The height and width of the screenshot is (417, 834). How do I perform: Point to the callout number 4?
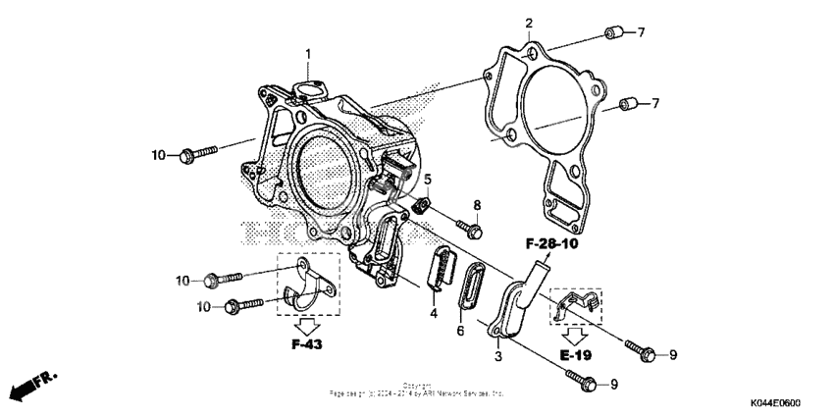(x=433, y=315)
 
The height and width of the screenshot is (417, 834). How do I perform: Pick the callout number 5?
(x=428, y=179)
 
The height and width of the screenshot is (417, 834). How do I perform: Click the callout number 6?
(x=460, y=333)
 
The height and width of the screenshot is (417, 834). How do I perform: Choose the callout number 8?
(x=478, y=205)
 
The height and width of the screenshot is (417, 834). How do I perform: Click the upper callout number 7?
(x=641, y=33)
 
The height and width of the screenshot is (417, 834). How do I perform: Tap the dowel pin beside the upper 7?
(x=612, y=34)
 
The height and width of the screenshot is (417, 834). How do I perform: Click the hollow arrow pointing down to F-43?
(x=306, y=325)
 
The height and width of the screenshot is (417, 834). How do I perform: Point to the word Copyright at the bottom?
(x=416, y=385)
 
